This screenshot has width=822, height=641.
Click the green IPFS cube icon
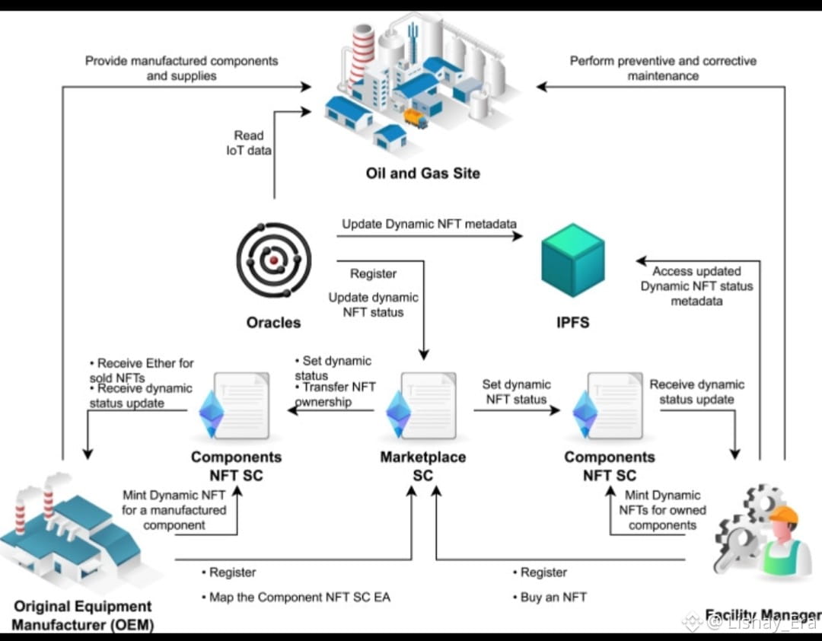(572, 260)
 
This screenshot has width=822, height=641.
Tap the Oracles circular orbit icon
(273, 260)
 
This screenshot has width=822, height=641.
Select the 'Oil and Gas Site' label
(423, 174)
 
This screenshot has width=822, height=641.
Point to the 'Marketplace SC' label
(422, 466)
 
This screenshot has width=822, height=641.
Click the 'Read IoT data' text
(249, 142)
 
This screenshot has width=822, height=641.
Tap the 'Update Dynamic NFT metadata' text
(429, 225)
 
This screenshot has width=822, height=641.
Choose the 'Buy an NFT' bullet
(553, 598)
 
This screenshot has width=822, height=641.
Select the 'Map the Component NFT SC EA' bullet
(299, 598)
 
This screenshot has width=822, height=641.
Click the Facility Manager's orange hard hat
(783, 515)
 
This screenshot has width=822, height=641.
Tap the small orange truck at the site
(415, 118)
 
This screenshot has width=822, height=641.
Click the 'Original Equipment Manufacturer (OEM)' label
(83, 616)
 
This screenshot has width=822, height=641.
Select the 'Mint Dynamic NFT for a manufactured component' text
(174, 510)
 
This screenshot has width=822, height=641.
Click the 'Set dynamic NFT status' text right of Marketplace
(516, 392)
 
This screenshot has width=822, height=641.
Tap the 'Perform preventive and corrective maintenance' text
(663, 68)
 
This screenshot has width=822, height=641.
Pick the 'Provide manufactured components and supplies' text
(181, 68)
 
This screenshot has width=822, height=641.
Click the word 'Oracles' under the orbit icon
(273, 323)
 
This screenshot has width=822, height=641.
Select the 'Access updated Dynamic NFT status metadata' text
(696, 286)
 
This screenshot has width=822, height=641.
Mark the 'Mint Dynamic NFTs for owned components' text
(663, 510)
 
